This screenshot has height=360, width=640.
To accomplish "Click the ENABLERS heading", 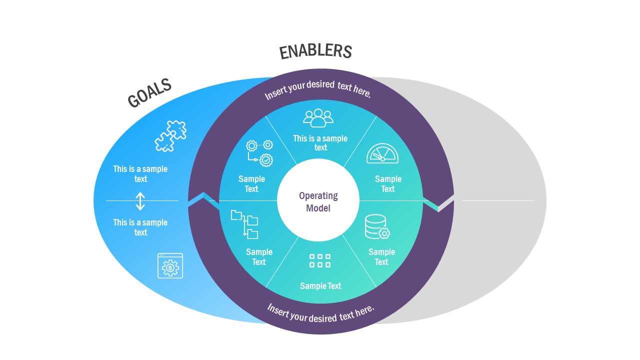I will pos(315,51).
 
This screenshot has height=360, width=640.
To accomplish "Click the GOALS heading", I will pos(149,93).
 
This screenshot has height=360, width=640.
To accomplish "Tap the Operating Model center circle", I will pos(318,201).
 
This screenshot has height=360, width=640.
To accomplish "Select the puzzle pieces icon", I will pos(170,135).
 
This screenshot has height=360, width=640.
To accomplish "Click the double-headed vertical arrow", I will pos(140,201).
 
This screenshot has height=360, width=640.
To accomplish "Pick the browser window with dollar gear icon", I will pos(170,265).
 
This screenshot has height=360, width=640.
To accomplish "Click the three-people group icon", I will pos(318,118).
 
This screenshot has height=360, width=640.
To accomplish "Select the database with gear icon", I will pos(377,227).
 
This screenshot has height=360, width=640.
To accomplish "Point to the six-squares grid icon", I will pos(320,260).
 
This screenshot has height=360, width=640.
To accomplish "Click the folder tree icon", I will pos(244,224).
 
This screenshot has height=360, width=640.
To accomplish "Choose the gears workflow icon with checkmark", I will pos(259,152).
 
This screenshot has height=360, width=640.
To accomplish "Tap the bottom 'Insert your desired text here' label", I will pos(320,313).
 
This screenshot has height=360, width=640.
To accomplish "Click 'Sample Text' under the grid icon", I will pos(320,286).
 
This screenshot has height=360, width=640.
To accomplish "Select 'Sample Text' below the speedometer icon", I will pos(388,184).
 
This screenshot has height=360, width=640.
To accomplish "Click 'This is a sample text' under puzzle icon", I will pos(140,174).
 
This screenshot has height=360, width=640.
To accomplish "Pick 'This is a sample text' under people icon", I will pos(320,143).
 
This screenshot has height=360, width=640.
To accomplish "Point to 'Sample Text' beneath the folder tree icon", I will pos(259,257).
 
